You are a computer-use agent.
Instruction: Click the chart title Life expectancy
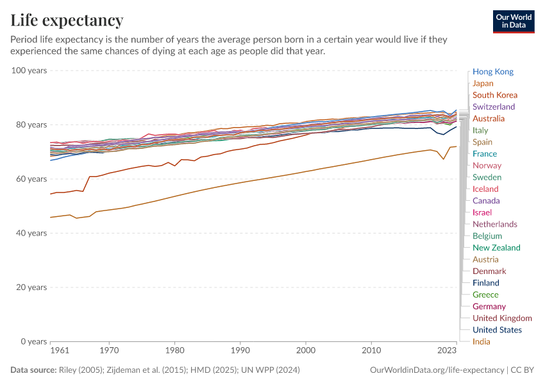click(67, 21)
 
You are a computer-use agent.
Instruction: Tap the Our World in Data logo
click(513, 21)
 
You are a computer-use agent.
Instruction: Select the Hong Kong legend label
click(492, 72)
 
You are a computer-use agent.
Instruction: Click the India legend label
click(482, 341)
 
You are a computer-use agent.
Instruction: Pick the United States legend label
click(497, 330)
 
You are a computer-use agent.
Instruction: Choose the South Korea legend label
click(494, 95)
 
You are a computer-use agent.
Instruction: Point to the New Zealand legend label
click(496, 248)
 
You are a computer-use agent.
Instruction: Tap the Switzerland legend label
click(493, 107)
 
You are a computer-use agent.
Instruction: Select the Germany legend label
click(489, 306)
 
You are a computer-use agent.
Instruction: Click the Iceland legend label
click(485, 189)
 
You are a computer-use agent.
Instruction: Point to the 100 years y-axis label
click(29, 70)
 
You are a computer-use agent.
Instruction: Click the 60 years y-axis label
click(31, 178)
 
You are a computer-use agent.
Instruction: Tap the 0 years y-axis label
click(33, 341)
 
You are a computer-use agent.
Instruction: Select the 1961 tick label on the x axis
click(60, 352)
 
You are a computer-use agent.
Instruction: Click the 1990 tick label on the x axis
click(240, 352)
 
